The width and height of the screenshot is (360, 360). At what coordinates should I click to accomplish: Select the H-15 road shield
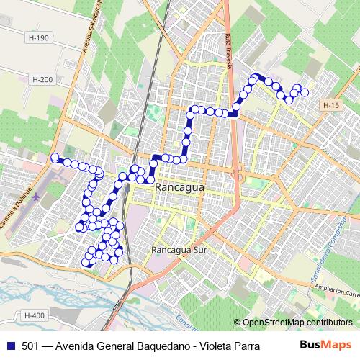pyautogui.click(x=330, y=106)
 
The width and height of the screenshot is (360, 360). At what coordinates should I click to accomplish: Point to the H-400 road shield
pyautogui.click(x=34, y=315)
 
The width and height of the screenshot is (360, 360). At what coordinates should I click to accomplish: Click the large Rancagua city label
pyautogui.click(x=179, y=187)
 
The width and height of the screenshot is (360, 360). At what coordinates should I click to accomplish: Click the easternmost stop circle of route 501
pyautogui.click(x=305, y=92)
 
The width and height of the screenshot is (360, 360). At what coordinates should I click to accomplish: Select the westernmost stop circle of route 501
pyautogui.click(x=55, y=158)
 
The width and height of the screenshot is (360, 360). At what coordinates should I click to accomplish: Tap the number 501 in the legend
pyautogui.click(x=30, y=346)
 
